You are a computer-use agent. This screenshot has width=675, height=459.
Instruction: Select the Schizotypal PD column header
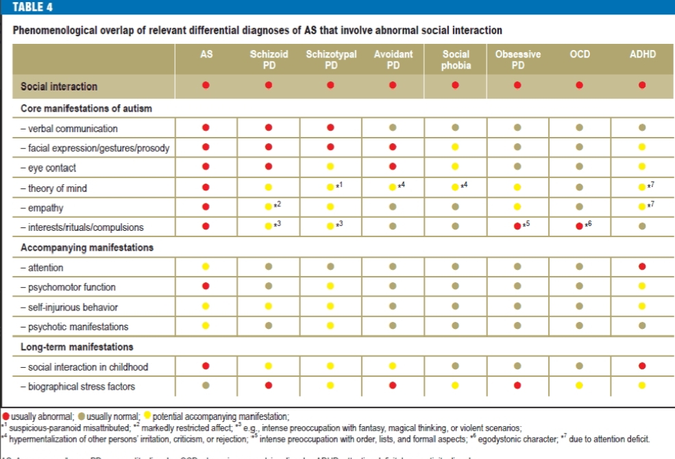pyautogui.click(x=331, y=59)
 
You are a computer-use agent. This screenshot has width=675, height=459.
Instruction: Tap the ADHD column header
pyautogui.click(x=642, y=54)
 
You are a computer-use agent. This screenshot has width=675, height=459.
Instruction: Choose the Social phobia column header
pyautogui.click(x=456, y=59)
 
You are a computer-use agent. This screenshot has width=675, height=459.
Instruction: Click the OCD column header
pyautogui.click(x=580, y=54)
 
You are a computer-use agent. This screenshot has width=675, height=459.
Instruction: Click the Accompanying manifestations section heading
pyautogui.click(x=87, y=247)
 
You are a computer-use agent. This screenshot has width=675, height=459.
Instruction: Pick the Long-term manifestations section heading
pyautogui.click(x=77, y=347)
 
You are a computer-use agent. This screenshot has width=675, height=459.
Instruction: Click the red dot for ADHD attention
pyautogui.click(x=642, y=267)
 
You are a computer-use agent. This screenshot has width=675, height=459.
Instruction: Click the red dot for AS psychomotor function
pyautogui.click(x=206, y=287)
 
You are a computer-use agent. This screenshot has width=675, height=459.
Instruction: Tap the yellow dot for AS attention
pyautogui.click(x=206, y=267)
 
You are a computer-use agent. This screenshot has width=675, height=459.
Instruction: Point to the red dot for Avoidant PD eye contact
pyautogui.click(x=393, y=167)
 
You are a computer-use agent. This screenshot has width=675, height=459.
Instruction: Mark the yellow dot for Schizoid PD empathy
pyautogui.click(x=269, y=206)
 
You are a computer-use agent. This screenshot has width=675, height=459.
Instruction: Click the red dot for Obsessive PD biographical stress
pyautogui.click(x=517, y=386)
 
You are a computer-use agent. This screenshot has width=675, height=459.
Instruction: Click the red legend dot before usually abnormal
pyautogui.click(x=5, y=417)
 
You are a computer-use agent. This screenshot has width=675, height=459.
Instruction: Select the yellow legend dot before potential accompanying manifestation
pyautogui.click(x=147, y=417)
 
